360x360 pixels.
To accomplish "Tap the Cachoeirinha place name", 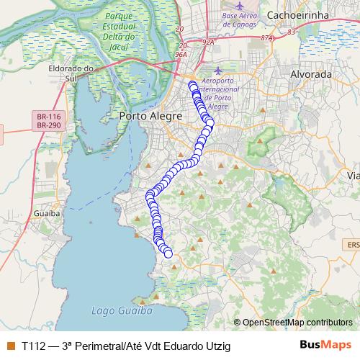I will [x=297, y=14].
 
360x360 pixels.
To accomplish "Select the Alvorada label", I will [x=310, y=74].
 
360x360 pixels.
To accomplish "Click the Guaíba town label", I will [x=45, y=214].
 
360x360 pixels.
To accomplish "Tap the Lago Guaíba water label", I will [x=122, y=312].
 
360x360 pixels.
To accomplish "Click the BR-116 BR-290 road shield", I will [x=49, y=120].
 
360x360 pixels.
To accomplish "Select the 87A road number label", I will [x=269, y=37].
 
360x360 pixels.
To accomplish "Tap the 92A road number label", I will [x=209, y=42].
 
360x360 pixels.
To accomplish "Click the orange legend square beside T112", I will [x=10, y=346].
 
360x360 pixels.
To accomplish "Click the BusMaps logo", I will [x=325, y=345].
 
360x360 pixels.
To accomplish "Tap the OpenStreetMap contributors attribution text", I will [x=297, y=323].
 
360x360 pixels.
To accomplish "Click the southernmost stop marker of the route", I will [x=168, y=253].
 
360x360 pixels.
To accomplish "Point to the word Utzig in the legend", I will [x=217, y=346].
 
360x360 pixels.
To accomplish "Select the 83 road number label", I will [x=291, y=32].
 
